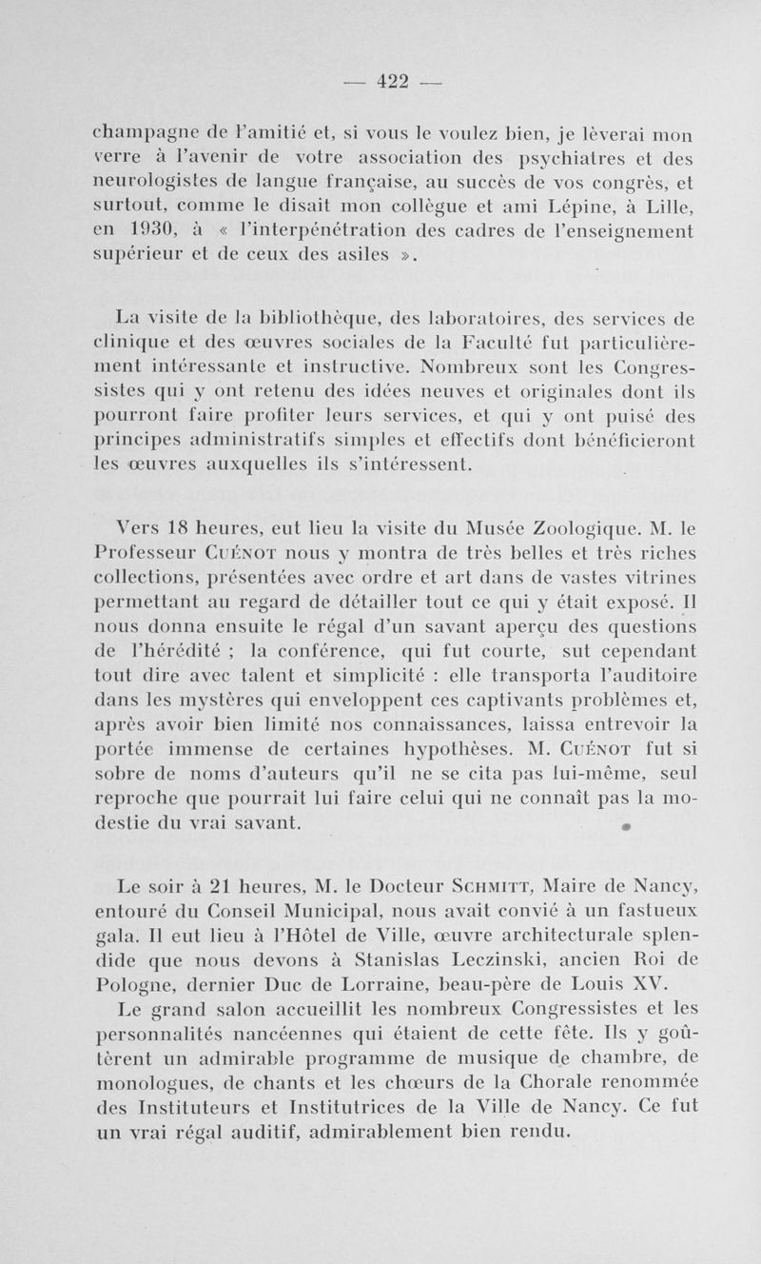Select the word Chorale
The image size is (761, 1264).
pos(539,1082)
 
